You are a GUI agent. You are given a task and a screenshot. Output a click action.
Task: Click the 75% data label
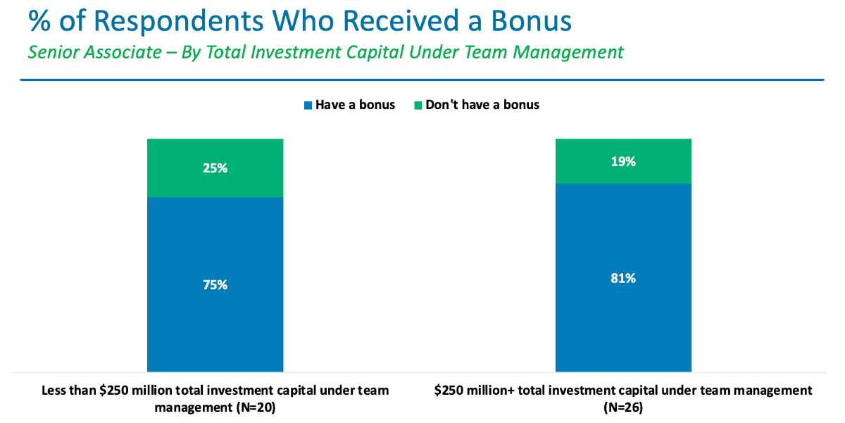point(215,285)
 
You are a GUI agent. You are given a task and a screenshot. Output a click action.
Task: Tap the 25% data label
point(215,168)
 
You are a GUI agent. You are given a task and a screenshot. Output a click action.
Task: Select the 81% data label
point(623,279)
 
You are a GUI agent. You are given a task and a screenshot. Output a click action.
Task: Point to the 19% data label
point(623,162)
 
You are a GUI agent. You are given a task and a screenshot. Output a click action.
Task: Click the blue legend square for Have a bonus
point(308,106)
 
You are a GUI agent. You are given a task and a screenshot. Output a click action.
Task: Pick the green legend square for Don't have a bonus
point(418,106)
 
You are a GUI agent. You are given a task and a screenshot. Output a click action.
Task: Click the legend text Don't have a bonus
point(482,105)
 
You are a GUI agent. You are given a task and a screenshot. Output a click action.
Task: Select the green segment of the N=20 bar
point(215,168)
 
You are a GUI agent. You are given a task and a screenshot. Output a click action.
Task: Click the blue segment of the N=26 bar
point(623,278)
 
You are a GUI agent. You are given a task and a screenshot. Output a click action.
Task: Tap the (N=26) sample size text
point(623,408)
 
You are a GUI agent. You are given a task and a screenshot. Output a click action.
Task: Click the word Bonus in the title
point(531,20)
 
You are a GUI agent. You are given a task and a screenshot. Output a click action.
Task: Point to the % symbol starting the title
point(39,20)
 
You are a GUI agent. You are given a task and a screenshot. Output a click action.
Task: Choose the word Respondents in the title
point(178,22)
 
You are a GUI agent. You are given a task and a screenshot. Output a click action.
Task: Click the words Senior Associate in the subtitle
point(94,52)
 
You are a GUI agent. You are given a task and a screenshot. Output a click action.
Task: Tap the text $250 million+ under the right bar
point(475,391)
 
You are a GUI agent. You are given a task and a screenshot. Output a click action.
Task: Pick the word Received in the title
point(401,20)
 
